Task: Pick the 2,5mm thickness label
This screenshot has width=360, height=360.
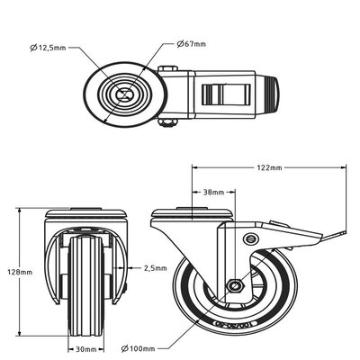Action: click(156, 267)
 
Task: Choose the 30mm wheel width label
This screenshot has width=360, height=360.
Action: click(85, 349)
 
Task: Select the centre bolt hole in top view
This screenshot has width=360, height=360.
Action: click(123, 94)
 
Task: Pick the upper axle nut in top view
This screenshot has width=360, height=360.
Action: click(168, 69)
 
